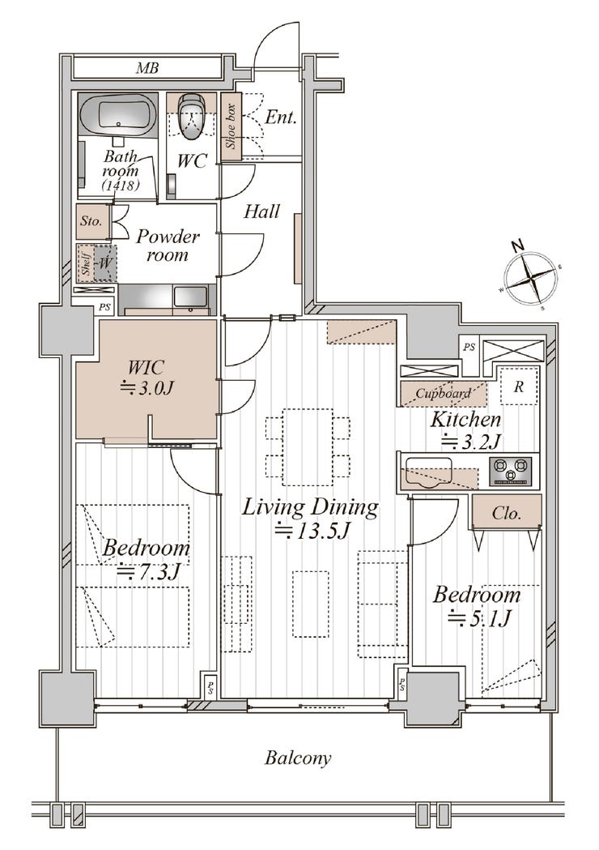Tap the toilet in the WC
[x=191, y=117]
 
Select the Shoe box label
[x=232, y=127]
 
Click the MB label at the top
[x=147, y=68]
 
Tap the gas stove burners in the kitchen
[x=511, y=471]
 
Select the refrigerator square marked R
[x=519, y=387]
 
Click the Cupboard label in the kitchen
[x=443, y=394]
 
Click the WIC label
[x=147, y=368]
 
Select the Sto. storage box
[x=92, y=222]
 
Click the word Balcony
[x=298, y=758]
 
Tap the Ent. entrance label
[x=281, y=117]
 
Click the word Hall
[x=261, y=211]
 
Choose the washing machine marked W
[x=105, y=263]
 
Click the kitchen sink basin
[x=428, y=472]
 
